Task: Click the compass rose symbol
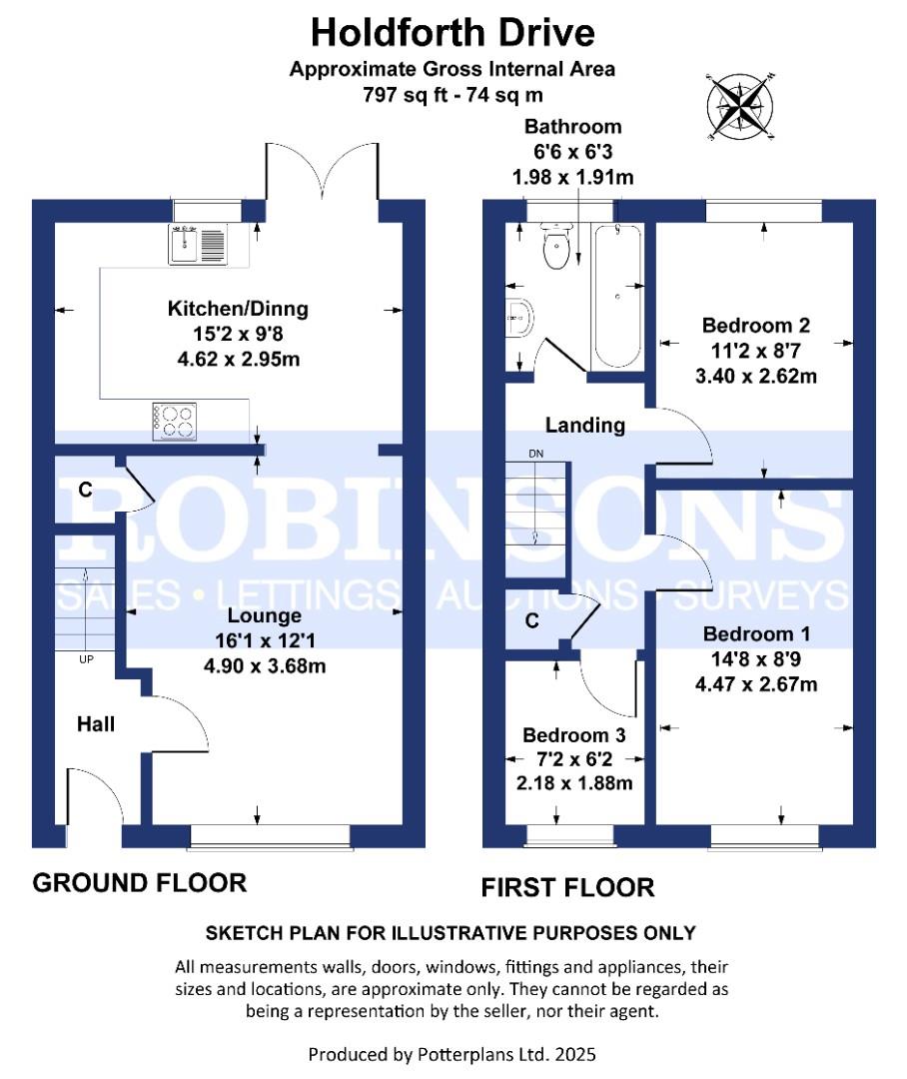(x=741, y=104)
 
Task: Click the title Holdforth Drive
(x=453, y=33)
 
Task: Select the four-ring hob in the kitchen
(x=174, y=420)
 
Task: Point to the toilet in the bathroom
(x=556, y=246)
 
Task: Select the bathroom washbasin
(x=520, y=319)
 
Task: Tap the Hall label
(x=96, y=723)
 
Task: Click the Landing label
(x=584, y=426)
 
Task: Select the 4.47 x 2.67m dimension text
(x=756, y=684)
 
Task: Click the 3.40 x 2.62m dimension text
(x=756, y=376)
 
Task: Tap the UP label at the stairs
(x=86, y=660)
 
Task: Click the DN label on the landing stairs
(x=537, y=455)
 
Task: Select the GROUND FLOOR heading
(x=140, y=883)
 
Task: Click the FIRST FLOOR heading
(x=567, y=887)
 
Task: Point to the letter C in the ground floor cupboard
(x=85, y=490)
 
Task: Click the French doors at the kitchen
(x=323, y=171)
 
